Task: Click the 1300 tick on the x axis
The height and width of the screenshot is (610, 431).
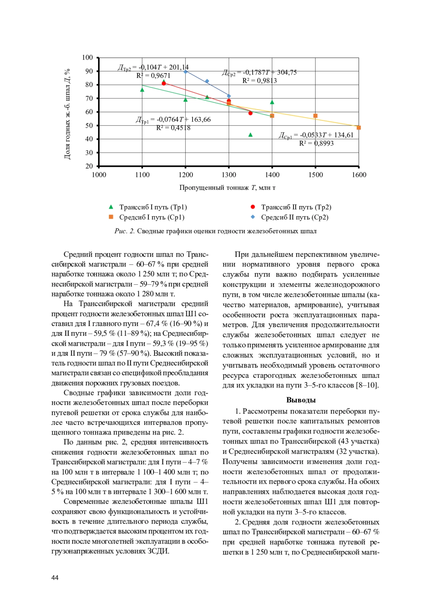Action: [229, 175]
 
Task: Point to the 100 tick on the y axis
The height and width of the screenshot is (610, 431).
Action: [87, 58]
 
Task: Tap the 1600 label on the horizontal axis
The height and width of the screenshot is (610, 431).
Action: [358, 175]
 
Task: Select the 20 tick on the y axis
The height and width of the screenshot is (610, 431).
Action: [89, 166]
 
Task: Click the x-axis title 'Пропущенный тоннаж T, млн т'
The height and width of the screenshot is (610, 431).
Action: [227, 188]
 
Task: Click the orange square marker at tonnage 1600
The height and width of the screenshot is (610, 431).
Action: [358, 128]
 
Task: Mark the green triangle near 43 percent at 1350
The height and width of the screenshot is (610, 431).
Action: [250, 135]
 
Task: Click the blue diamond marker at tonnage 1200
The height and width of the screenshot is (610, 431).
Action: [185, 72]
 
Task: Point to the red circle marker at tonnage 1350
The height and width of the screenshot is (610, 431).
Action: [250, 113]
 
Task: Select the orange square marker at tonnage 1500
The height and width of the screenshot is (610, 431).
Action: [315, 116]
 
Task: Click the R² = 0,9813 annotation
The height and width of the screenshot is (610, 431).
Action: [259, 81]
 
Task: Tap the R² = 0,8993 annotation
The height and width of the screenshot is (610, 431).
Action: [316, 143]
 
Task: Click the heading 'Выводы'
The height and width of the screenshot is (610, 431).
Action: [301, 400]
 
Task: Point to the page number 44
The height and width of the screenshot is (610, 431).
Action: [55, 578]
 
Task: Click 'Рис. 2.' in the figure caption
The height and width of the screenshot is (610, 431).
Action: [124, 231]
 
